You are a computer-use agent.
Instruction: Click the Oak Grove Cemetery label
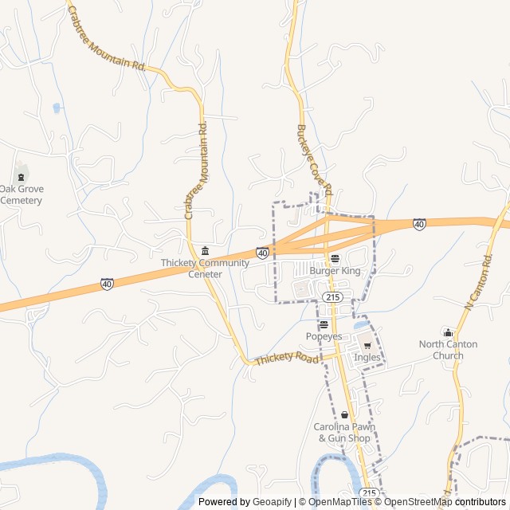[x=21, y=194]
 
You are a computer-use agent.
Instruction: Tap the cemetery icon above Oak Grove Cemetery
[x=21, y=175]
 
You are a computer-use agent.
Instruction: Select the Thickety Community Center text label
[x=205, y=269]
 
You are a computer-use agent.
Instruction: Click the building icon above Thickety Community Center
[x=205, y=251]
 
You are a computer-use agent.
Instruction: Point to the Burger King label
[x=335, y=271]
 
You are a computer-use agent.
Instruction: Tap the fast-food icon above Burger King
[x=335, y=259]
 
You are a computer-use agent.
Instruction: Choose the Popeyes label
[x=324, y=336]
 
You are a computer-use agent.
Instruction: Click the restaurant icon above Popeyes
[x=324, y=324]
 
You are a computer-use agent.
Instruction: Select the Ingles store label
[x=367, y=357]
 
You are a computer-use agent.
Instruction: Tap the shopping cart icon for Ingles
[x=367, y=345]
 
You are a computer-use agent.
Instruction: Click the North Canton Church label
[x=448, y=350]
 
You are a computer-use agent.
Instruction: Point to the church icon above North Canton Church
[x=448, y=332]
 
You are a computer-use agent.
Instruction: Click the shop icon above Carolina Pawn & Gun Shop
[x=344, y=415]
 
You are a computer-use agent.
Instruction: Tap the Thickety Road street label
[x=285, y=359]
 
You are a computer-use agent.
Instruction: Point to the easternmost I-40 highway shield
[x=419, y=225]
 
